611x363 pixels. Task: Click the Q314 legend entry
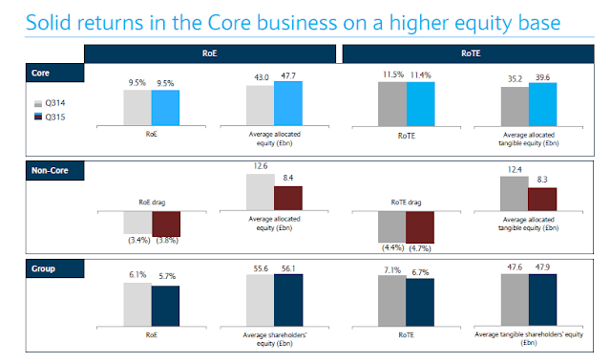click(50, 103)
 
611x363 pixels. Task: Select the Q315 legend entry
click(50, 117)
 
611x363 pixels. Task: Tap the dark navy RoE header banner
click(210, 53)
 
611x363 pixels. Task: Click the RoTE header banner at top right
click(469, 53)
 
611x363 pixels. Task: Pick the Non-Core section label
click(55, 170)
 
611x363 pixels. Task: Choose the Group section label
click(55, 268)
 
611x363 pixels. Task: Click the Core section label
click(55, 73)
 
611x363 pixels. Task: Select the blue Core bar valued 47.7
click(288, 103)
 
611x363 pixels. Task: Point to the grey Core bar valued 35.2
click(515, 106)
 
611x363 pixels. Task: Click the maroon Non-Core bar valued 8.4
click(288, 199)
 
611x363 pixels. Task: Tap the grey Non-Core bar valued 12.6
click(261, 192)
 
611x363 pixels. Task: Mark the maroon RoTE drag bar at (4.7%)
click(420, 227)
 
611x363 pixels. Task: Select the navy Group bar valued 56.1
click(288, 300)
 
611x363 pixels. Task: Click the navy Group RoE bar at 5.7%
click(165, 306)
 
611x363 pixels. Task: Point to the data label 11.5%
click(393, 75)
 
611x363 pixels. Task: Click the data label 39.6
click(542, 77)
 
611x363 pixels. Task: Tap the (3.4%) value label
click(139, 240)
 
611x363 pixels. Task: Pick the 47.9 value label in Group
click(542, 267)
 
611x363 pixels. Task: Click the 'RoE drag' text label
click(152, 203)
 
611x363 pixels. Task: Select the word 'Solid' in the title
click(49, 23)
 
